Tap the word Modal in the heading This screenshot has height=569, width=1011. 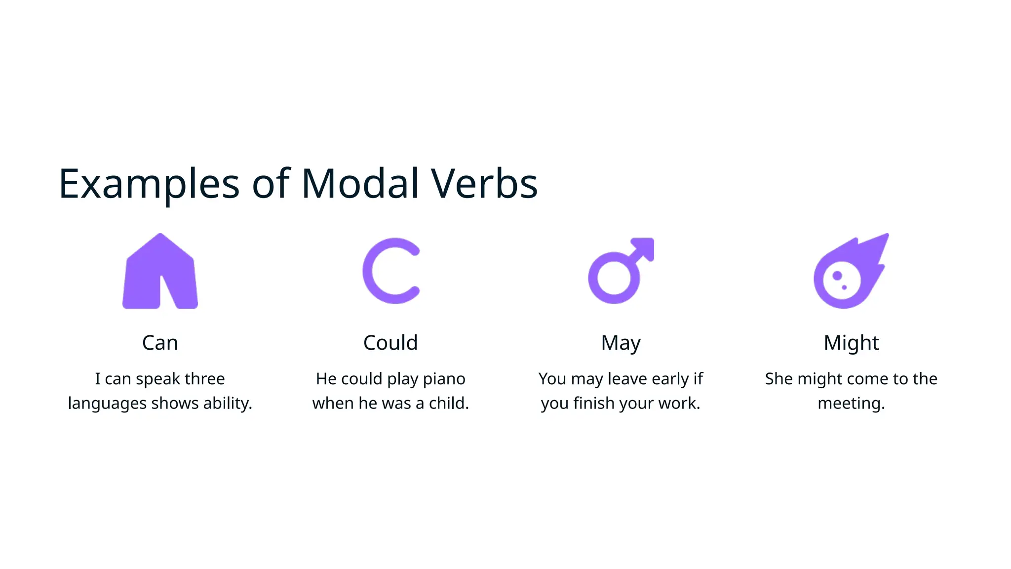[x=360, y=184]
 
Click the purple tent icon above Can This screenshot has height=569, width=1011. [x=160, y=272]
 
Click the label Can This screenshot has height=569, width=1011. [x=160, y=342]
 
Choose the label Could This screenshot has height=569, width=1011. [x=390, y=342]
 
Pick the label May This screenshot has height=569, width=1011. [x=621, y=342]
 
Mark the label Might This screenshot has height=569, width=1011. [x=851, y=342]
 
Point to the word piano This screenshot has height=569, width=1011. [x=444, y=379]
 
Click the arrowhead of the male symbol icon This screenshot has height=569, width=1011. [x=644, y=247]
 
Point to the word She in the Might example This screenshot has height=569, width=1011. [x=778, y=379]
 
